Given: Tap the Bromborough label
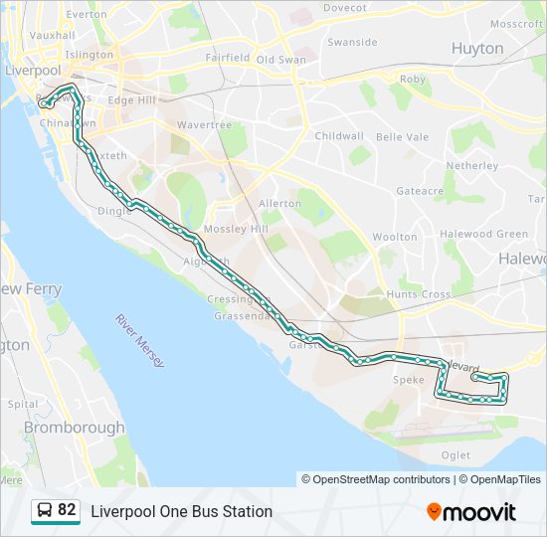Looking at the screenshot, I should pos(74,428).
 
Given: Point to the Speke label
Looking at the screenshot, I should pos(409,380).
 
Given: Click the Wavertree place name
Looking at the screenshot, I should pos(204,125).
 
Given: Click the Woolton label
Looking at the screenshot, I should pos(395,237).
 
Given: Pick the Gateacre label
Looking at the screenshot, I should pos(420,190).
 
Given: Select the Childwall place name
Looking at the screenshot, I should pos(338,135).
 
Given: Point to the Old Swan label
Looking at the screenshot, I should pos(280,60).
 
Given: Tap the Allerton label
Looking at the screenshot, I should pos(279,203).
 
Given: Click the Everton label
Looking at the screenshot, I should pos(87,15).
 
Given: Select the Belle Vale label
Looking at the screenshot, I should pos(402,136).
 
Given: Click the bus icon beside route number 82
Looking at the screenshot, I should pos(44,511).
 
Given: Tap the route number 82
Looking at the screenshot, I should pos(67,510).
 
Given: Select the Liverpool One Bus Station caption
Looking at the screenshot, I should pos(181,511).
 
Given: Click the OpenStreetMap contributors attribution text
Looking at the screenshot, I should pos(376,479).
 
